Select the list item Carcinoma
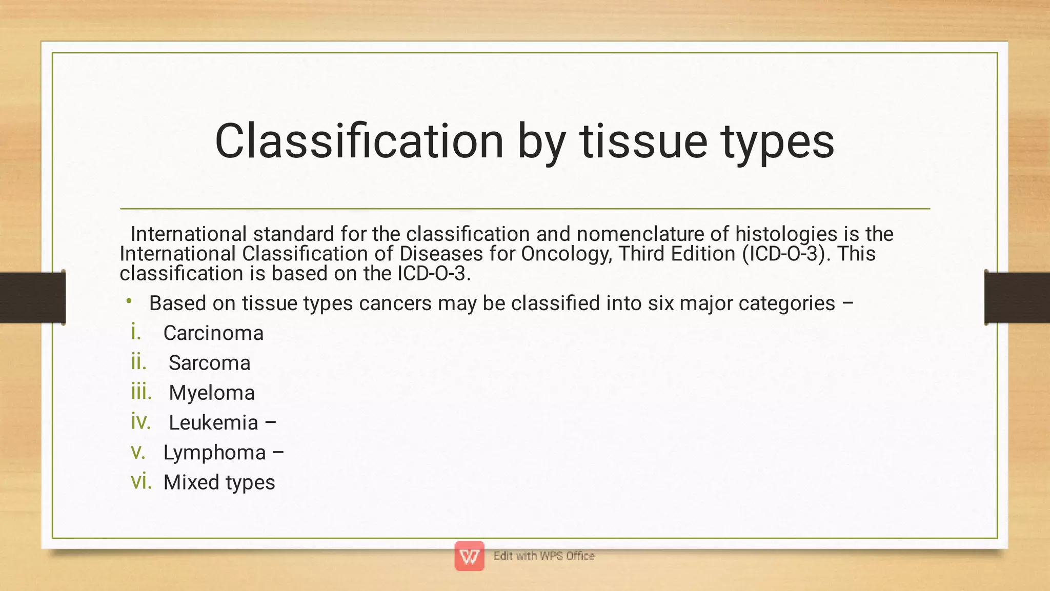213,333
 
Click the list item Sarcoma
209,363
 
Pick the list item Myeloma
212,393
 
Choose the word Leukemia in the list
213,423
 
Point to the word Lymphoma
214,453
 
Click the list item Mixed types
219,482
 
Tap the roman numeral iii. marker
142,392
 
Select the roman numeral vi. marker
141,481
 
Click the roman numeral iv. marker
140,422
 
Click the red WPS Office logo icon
469,556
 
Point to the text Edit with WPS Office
544,556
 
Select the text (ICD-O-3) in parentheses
784,254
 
